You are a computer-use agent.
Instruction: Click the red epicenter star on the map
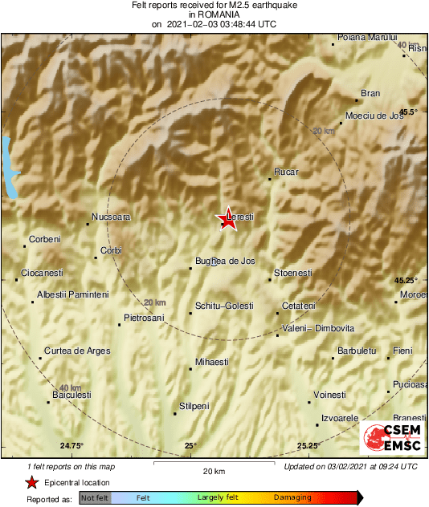pyautogui.click(x=227, y=221)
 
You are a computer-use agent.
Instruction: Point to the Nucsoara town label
pyautogui.click(x=111, y=217)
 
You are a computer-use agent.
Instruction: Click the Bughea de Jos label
pyautogui.click(x=225, y=261)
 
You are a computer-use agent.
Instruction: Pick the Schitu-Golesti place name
pyautogui.click(x=224, y=306)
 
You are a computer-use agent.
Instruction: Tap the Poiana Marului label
pyautogui.click(x=367, y=37)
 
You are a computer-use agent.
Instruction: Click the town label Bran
pyautogui.click(x=370, y=93)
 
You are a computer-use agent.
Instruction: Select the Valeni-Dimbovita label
pyautogui.click(x=319, y=328)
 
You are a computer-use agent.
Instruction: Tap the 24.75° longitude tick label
pyautogui.click(x=71, y=445)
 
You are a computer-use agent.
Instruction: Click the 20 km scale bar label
pyautogui.click(x=214, y=470)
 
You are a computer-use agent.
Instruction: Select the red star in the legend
pyautogui.click(x=31, y=482)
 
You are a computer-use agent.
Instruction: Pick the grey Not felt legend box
pyautogui.click(x=95, y=498)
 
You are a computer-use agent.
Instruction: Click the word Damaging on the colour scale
pyautogui.click(x=292, y=498)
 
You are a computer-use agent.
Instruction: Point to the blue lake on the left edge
pyautogui.click(x=9, y=167)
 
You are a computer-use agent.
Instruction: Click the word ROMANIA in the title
pyautogui.click(x=214, y=14)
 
